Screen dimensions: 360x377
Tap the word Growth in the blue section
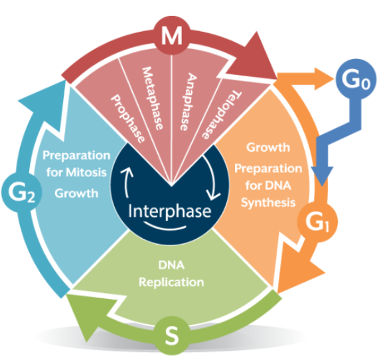(x=77, y=196)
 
